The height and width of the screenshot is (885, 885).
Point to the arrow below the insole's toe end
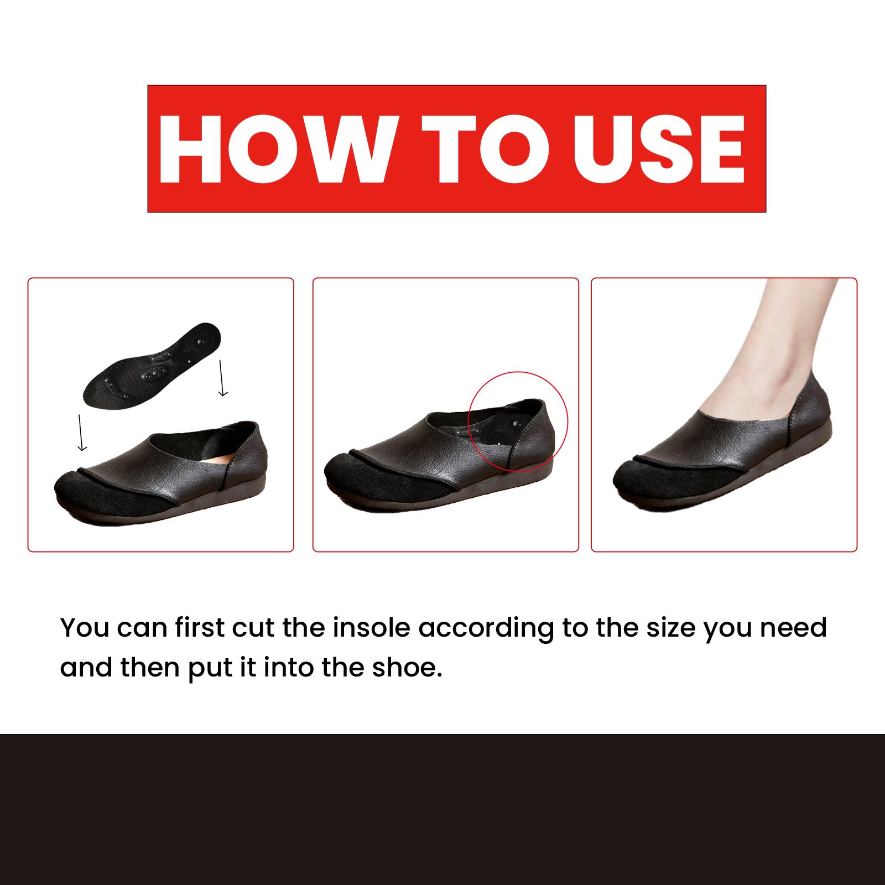(82, 431)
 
